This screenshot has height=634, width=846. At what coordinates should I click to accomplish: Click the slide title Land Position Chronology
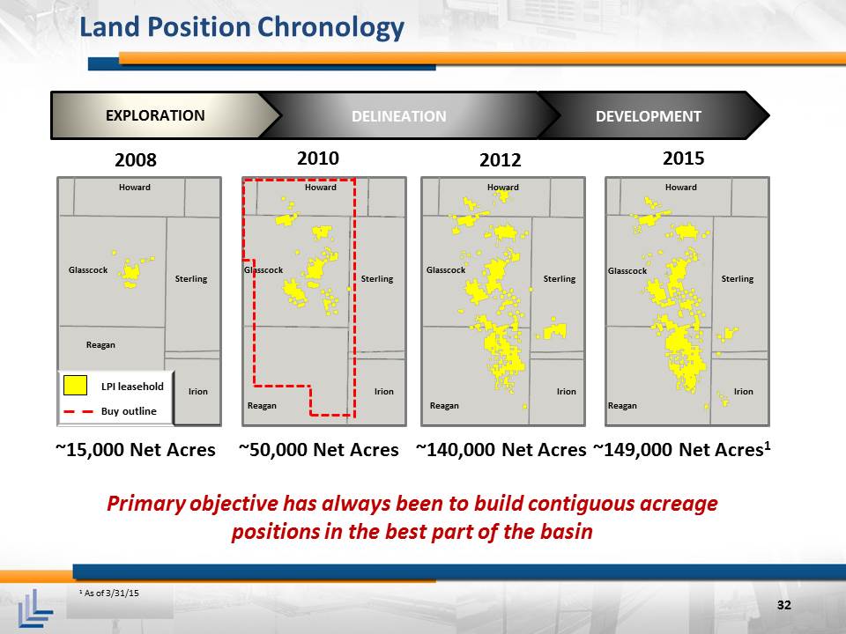coord(241,27)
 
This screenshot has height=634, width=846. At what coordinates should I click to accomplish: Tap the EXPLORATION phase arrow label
coord(155,115)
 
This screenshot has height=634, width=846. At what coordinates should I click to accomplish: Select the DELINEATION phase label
coord(398,116)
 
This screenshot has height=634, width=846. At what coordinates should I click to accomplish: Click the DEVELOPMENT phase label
coord(648,116)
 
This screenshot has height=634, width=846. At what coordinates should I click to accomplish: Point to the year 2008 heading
coord(136,160)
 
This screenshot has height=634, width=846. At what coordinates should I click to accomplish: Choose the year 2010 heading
coord(318,158)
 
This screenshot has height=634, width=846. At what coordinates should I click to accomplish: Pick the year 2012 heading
coord(501,160)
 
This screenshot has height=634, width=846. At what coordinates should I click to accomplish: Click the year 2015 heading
coord(683,158)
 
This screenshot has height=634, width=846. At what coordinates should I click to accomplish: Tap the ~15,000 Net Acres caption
coord(136,450)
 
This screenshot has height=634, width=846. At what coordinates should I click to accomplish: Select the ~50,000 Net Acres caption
coord(318,450)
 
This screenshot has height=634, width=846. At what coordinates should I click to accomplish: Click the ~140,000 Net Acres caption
coord(501,450)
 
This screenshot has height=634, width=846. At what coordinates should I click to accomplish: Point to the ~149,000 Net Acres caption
coord(682,449)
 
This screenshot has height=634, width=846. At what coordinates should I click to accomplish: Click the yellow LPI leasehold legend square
coord(75,386)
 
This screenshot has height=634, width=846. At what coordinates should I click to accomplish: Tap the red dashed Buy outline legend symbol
coord(78,412)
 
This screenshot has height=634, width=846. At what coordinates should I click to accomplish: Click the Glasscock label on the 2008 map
coord(88,270)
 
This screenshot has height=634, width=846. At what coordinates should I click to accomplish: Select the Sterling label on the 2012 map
coord(560,279)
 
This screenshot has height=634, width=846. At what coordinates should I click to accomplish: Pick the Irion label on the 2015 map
coord(743,391)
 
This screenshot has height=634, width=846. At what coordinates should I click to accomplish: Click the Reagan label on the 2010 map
coord(262,405)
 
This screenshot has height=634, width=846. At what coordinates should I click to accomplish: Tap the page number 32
coord(784,605)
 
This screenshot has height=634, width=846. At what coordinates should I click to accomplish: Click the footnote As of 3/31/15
coord(109,593)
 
